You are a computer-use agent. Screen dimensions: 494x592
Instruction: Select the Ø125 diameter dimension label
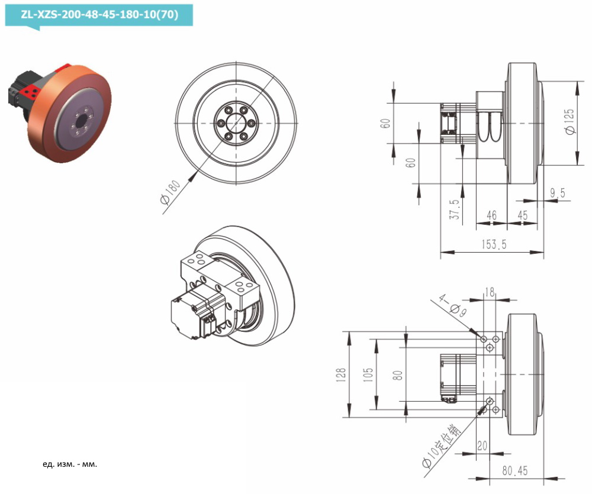[570, 121]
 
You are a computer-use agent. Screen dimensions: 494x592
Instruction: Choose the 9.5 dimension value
[557, 193]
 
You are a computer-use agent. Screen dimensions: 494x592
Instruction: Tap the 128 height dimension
[340, 374]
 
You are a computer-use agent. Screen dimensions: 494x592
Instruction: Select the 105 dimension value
[368, 374]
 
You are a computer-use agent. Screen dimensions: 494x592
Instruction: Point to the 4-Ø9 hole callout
[451, 304]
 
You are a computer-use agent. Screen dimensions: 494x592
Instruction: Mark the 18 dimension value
[490, 292]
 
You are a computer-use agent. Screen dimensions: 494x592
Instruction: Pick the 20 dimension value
[482, 445]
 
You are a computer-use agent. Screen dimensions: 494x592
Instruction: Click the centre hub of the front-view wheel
[236, 122]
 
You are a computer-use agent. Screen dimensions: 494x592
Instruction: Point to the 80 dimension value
[397, 374]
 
